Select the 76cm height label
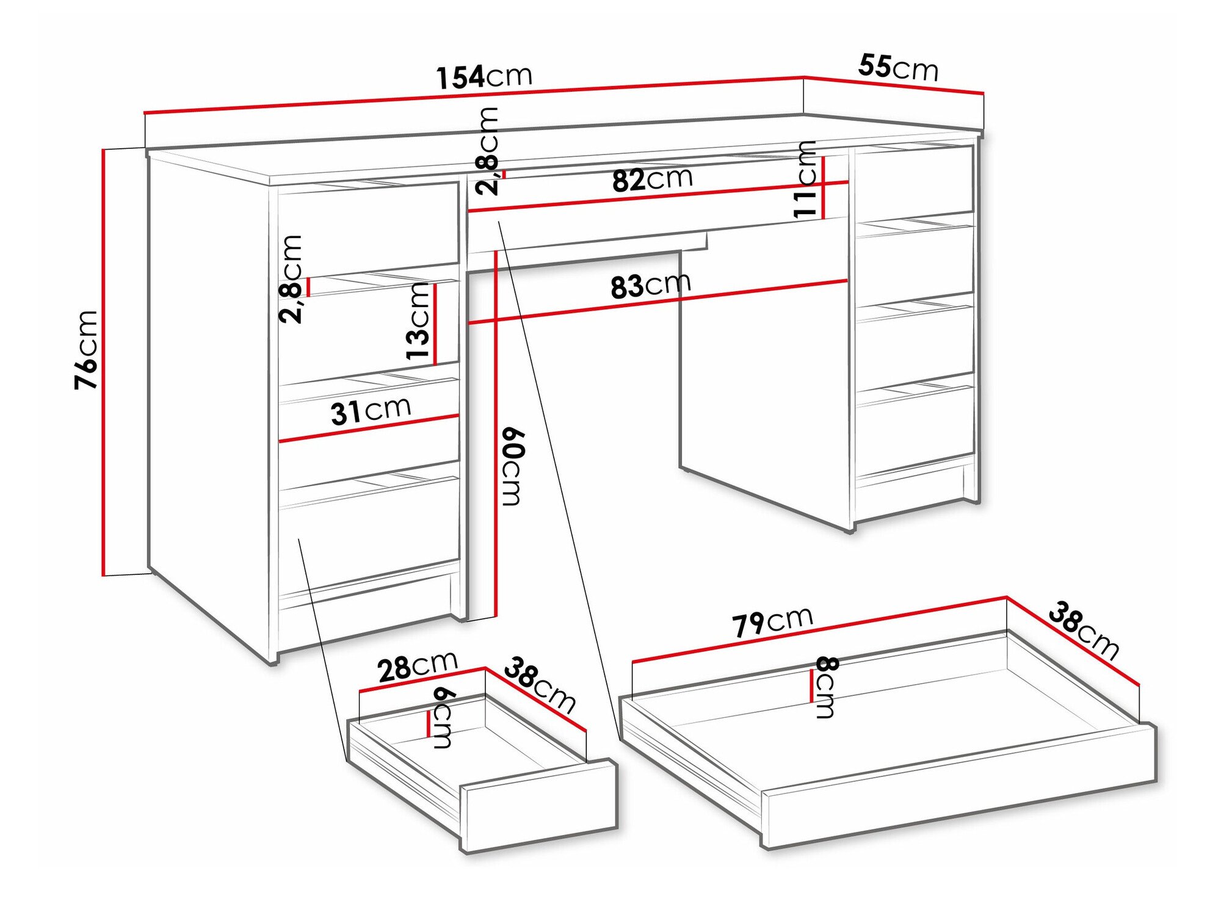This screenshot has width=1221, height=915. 85,350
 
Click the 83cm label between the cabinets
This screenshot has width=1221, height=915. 651,285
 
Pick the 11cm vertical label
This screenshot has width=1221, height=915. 805,179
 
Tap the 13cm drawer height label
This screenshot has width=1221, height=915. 418,322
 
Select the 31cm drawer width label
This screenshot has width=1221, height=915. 371,410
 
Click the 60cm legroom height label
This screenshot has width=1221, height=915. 512,467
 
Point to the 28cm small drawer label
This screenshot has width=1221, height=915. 417,667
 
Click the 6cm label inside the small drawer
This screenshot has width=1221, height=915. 442,718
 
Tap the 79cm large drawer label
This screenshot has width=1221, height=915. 772,622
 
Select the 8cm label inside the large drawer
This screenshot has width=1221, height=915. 826,687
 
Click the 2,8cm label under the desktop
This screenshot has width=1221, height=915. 488,151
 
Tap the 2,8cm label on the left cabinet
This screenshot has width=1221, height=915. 291,279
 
